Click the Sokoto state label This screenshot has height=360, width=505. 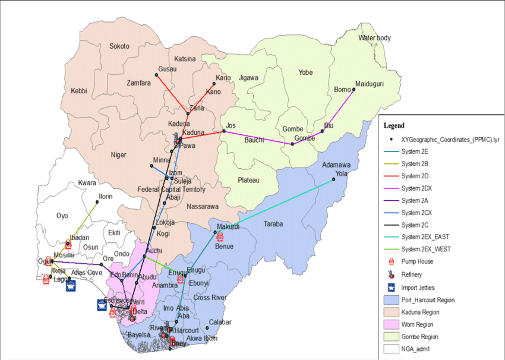(x=119, y=46)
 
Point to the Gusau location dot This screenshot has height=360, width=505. (x=157, y=75)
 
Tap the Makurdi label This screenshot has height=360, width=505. (x=228, y=227)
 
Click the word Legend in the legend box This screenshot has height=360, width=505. (x=394, y=126)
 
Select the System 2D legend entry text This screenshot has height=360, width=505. (x=415, y=176)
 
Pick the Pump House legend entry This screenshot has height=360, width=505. (x=416, y=261)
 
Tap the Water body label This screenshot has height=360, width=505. (x=374, y=38)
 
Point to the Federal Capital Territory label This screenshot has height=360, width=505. (x=171, y=190)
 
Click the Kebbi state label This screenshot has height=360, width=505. (x=79, y=91)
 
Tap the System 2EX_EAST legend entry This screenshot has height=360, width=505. (x=425, y=237)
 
